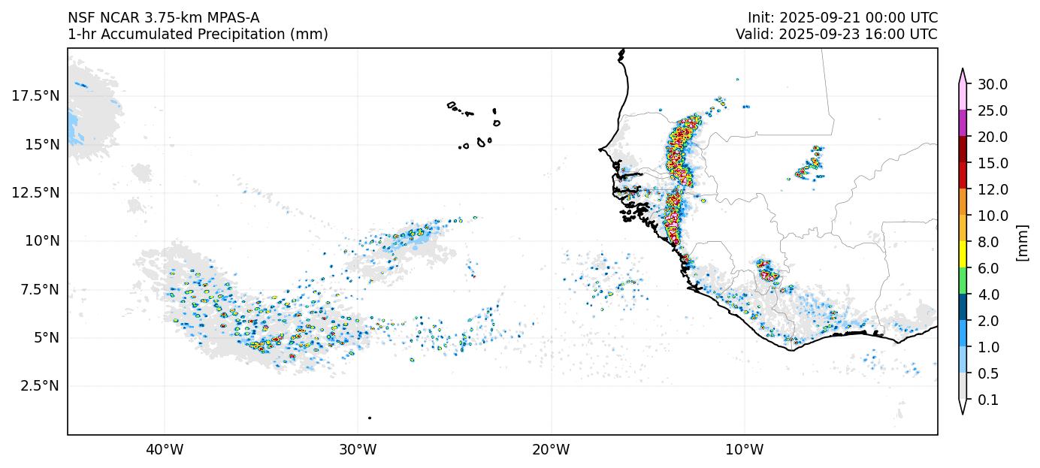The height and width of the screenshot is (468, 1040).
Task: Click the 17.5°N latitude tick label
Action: (x=35, y=96)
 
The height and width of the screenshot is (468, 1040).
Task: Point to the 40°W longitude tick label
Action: (x=165, y=450)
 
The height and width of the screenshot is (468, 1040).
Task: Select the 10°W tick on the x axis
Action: (x=745, y=450)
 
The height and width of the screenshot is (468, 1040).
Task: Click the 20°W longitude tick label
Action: (x=551, y=450)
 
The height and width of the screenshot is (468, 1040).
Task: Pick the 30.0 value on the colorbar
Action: (x=993, y=84)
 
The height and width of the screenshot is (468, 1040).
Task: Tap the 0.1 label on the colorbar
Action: (x=988, y=400)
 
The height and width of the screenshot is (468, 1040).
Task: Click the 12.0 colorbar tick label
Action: (x=993, y=189)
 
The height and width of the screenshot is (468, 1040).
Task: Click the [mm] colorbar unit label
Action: (x=1021, y=242)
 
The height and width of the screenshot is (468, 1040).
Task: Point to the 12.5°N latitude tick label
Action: (x=35, y=192)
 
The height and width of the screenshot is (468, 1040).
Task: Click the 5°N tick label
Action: (x=44, y=338)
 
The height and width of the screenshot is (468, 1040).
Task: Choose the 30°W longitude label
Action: (x=358, y=450)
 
